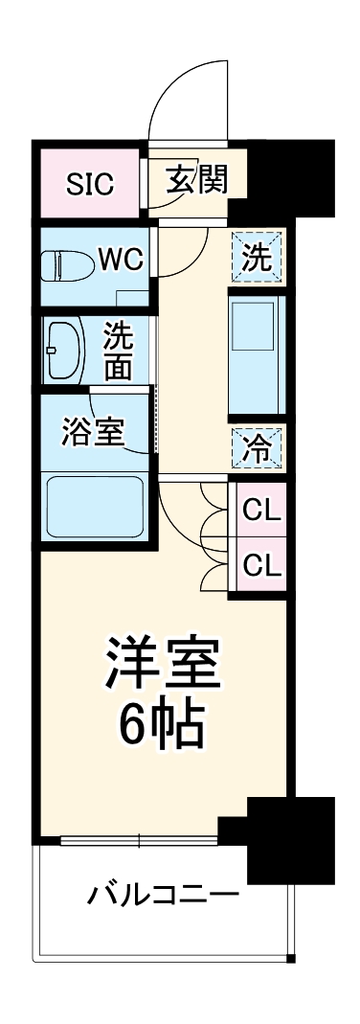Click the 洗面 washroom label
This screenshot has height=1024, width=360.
tap(120, 351)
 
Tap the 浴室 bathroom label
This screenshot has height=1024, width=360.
tap(93, 431)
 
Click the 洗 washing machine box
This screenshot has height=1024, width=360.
tap(256, 258)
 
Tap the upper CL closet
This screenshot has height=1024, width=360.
tap(260, 511)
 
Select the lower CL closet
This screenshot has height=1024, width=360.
tap(260, 565)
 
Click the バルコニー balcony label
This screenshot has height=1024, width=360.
tap(163, 898)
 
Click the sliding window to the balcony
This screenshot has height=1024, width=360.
tap(139, 842)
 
